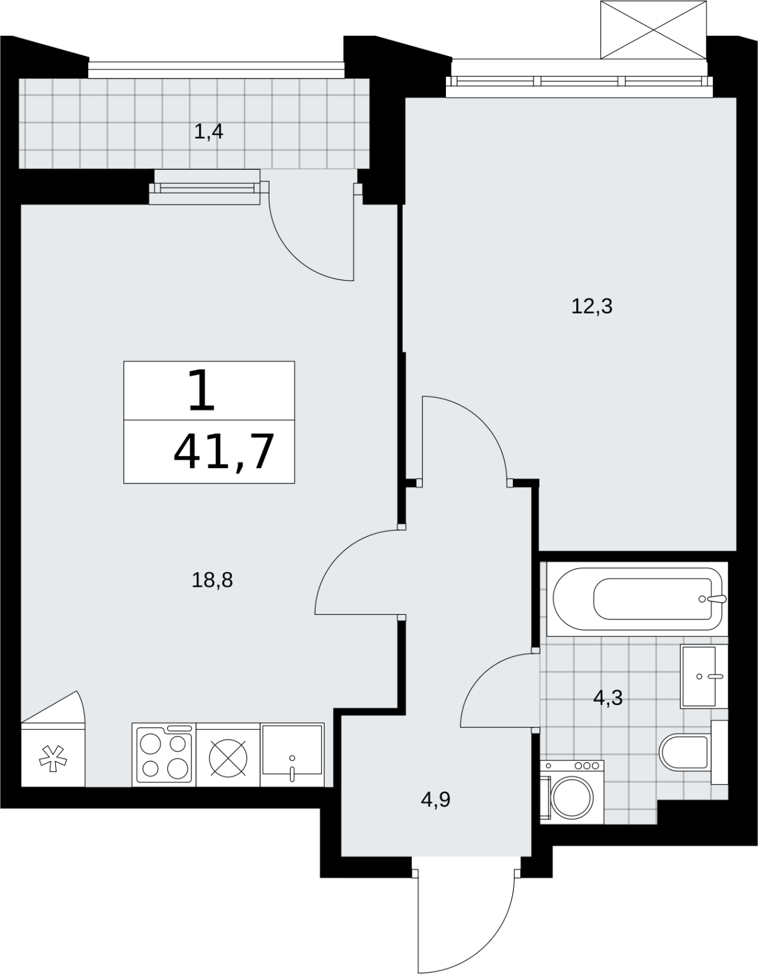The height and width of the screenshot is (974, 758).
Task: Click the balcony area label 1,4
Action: pyautogui.click(x=209, y=132)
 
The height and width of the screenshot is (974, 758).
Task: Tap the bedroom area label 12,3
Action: pyautogui.click(x=591, y=307)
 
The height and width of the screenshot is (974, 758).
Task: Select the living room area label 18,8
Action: pyautogui.click(x=212, y=581)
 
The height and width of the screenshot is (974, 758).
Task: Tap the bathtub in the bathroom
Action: pyautogui.click(x=638, y=599)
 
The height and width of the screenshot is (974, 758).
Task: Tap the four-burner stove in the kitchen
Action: pyautogui.click(x=164, y=755)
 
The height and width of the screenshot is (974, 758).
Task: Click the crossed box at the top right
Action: pyautogui.click(x=653, y=30)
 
